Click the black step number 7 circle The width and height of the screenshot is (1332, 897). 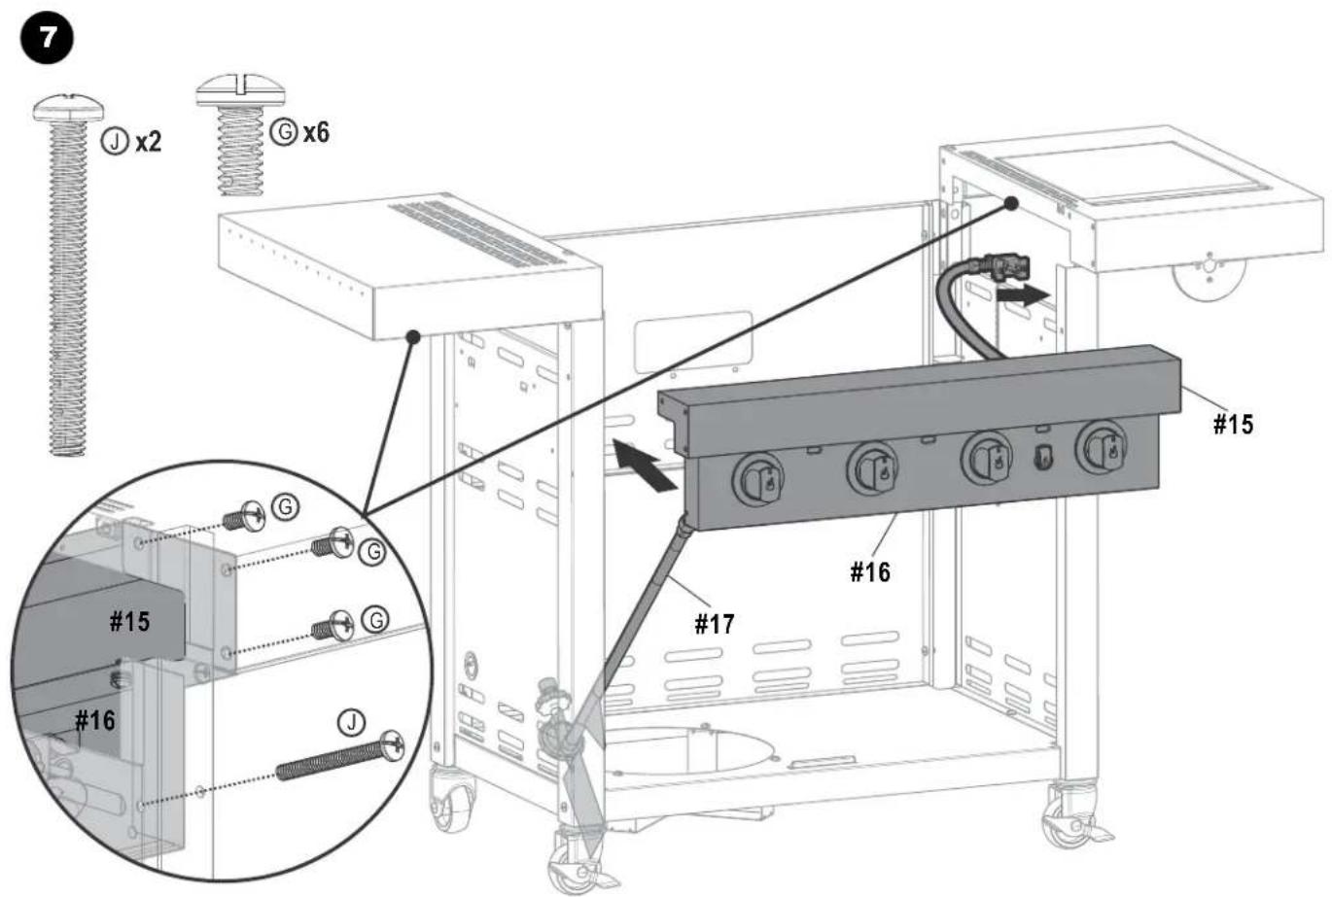47,39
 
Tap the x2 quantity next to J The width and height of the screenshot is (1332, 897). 148,143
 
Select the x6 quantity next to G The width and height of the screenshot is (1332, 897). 316,132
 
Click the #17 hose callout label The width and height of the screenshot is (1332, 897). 715,624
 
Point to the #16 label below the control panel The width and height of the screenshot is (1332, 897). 870,571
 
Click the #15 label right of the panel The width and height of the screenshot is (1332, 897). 1233,425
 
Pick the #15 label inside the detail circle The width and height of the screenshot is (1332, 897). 129,622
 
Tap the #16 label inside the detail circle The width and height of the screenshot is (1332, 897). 95,721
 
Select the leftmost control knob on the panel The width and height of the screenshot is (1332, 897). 757,480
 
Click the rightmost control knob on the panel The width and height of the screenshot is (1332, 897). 1101,447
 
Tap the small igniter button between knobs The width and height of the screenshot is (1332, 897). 1043,458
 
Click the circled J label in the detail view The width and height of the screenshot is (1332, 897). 351,723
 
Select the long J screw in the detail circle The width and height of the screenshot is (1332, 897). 340,755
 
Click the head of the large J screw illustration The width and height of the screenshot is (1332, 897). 68,108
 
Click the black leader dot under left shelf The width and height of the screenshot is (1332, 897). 413,337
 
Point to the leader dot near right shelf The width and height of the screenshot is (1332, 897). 1011,204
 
